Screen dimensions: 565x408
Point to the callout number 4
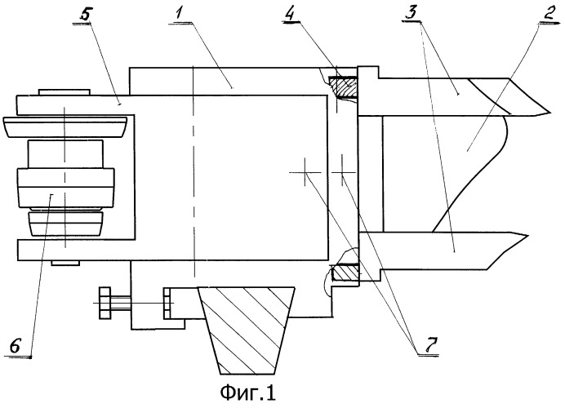[x=291, y=14]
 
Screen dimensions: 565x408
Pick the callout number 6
[x=16, y=347]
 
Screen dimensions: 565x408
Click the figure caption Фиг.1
[x=248, y=392]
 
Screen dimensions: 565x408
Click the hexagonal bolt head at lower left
[x=105, y=303]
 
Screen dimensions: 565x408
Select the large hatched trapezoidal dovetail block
[x=247, y=330]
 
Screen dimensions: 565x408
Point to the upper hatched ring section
[x=343, y=86]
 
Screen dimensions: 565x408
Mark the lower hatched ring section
[x=345, y=273]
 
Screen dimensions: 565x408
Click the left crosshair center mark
[x=305, y=172]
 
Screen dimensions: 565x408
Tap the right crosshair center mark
[x=343, y=173]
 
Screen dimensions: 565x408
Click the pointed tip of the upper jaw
[x=550, y=113]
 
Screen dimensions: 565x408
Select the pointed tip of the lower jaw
[x=527, y=236]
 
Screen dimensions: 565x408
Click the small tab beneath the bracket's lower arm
[x=65, y=263]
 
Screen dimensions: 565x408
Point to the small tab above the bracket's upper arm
[x=64, y=92]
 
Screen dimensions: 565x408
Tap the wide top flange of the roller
[x=65, y=126]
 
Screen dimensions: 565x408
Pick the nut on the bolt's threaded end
[x=167, y=303]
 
